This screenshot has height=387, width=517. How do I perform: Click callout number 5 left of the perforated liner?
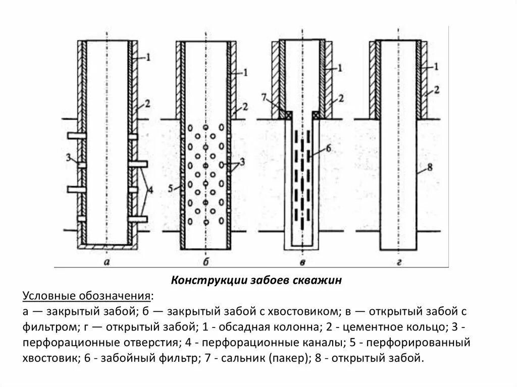click(170, 189)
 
